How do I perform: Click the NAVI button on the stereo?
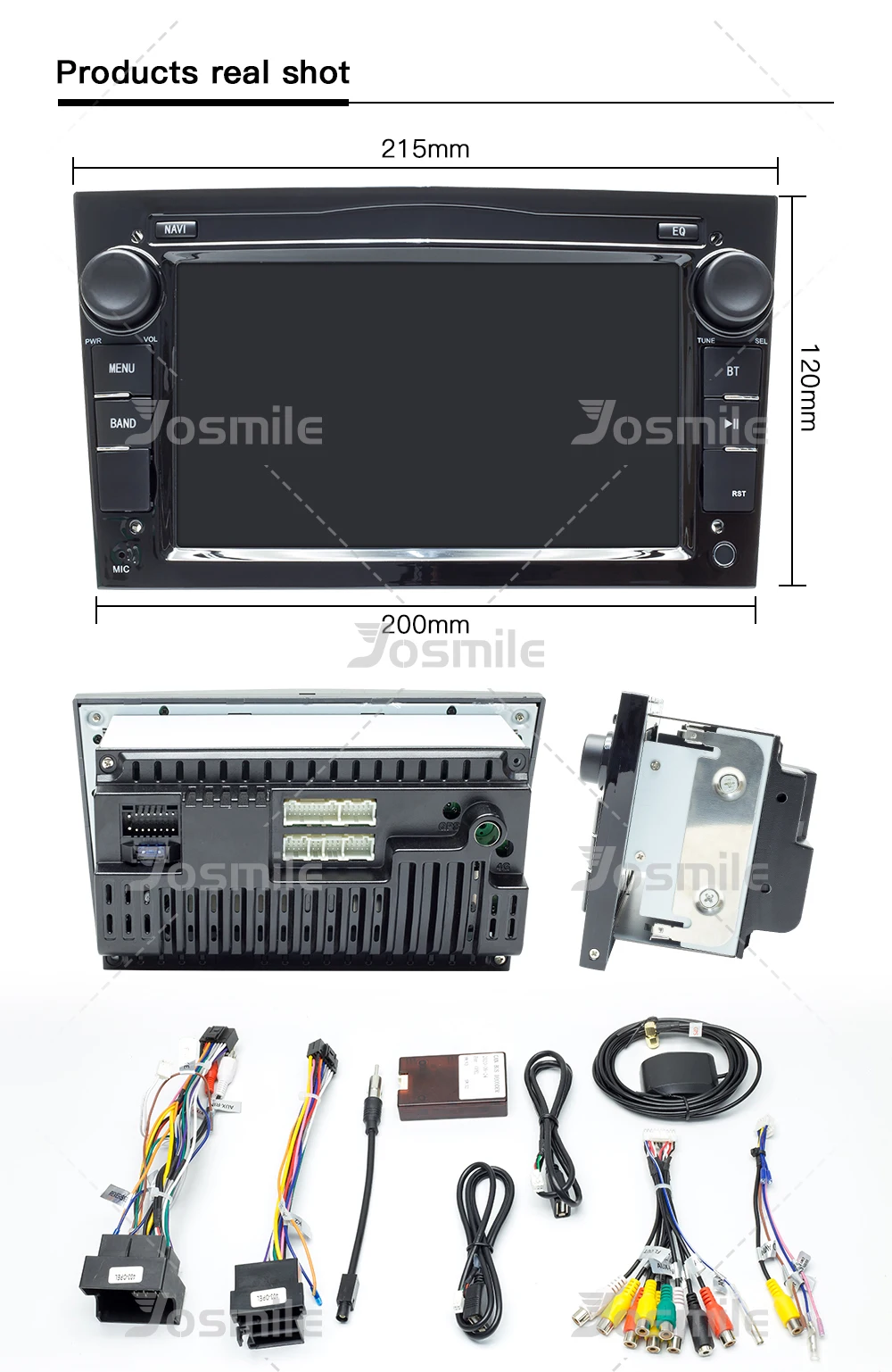(175, 229)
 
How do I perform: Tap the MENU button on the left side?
(122, 369)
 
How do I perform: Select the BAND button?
(123, 423)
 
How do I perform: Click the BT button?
(732, 371)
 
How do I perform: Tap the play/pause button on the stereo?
(731, 424)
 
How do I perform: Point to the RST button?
(738, 493)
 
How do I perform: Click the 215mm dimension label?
(425, 149)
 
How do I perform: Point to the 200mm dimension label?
(425, 625)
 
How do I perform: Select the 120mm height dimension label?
(807, 387)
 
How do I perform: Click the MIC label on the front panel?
(121, 569)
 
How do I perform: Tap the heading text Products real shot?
(202, 72)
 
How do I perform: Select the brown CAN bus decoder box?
(452, 1085)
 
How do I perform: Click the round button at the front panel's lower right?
(723, 553)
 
